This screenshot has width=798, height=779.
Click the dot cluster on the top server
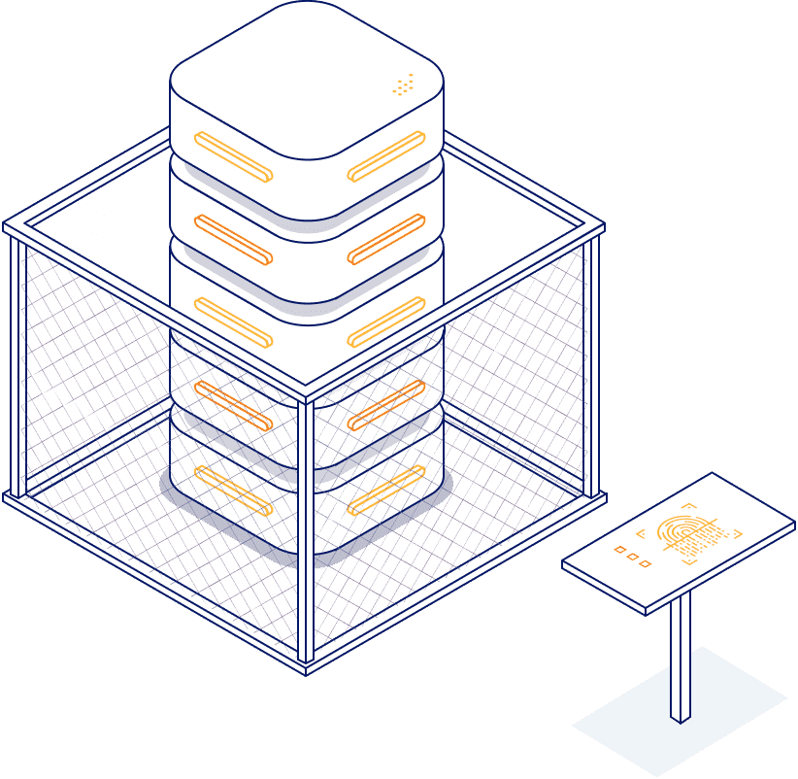point(404,85)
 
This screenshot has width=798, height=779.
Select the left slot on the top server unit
point(233,156)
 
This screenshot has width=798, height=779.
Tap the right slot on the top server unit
point(386,156)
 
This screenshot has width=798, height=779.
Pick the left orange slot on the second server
point(233,239)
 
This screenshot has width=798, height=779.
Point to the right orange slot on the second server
point(386,239)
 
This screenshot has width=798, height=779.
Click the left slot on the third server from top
point(233,322)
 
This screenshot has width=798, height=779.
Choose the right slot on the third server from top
point(386,322)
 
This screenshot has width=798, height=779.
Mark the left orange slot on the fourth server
point(233,405)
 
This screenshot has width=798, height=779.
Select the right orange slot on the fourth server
point(386,405)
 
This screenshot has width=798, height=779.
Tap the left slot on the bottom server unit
point(233,490)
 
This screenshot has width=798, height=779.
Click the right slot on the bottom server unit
point(386,490)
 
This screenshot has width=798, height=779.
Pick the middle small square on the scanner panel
point(632,557)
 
